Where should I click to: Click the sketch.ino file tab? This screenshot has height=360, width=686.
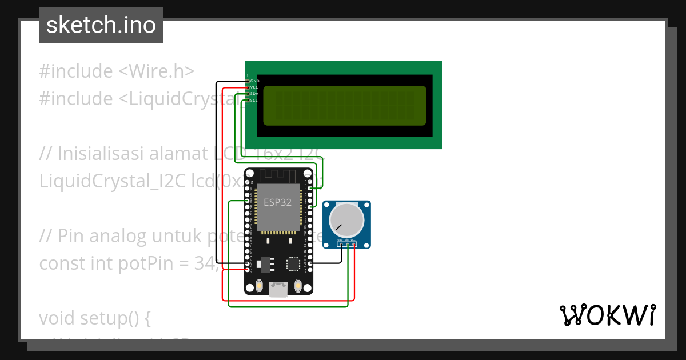[101, 25]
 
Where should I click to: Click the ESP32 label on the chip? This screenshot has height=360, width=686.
[277, 202]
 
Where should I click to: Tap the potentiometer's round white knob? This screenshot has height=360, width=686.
[347, 219]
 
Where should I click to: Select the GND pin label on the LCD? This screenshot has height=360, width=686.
[255, 81]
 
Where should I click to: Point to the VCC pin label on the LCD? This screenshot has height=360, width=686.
[255, 87]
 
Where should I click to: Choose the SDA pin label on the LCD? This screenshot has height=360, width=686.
[255, 94]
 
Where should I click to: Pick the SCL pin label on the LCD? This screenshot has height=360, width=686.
[254, 100]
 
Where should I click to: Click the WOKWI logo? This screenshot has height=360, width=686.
[607, 315]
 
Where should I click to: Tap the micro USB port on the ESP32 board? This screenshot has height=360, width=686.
[278, 290]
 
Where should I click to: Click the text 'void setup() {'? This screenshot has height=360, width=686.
[94, 318]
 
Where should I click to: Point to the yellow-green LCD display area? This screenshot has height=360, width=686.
[345, 106]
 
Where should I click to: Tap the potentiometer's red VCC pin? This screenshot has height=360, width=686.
[354, 245]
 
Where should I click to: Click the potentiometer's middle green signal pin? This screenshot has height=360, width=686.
[347, 245]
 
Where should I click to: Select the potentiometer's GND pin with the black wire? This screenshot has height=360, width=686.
[340, 245]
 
